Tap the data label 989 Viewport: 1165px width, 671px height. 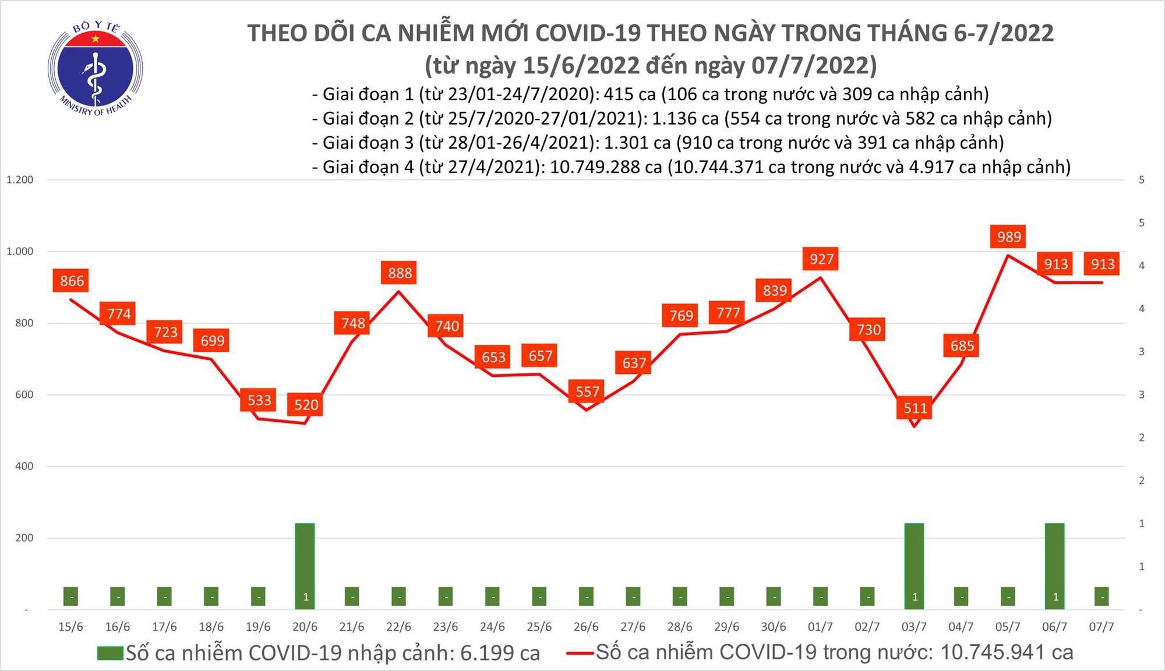1008,236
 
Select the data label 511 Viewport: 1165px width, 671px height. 915,408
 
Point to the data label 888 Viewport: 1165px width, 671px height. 400,273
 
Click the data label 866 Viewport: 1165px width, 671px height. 72,281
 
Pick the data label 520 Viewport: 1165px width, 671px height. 306,404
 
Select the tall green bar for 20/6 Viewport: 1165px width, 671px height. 305,566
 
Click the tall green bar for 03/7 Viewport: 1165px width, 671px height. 914,566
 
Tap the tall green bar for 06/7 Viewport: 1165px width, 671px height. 1054,566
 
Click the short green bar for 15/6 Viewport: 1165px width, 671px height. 71,596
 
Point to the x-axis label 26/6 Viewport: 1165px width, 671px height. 586,627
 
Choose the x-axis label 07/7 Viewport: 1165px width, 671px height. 1101,627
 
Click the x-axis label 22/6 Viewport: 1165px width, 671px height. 398,627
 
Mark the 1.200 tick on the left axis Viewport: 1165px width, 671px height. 20,180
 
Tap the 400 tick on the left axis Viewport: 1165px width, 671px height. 24,466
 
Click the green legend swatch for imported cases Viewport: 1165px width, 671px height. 111,653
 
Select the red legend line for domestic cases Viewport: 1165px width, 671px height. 580,653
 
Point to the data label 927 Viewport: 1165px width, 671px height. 821,258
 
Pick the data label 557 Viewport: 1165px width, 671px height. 587,391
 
